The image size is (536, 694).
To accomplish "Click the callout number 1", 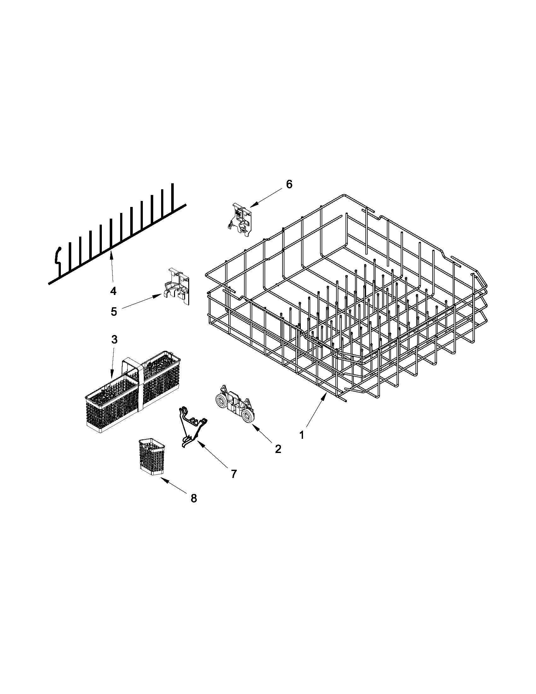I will pos(302,435).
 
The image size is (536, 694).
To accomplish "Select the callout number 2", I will pos(278,449).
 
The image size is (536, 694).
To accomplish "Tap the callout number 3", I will pos(114,339).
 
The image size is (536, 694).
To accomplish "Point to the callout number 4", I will pos(113,291).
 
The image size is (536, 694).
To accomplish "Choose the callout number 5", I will pos(114,311).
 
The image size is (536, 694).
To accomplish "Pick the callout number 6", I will pos(289,184).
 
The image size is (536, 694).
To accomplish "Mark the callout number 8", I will pos(194,498).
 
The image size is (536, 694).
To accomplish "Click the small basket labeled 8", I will pos(151,457).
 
